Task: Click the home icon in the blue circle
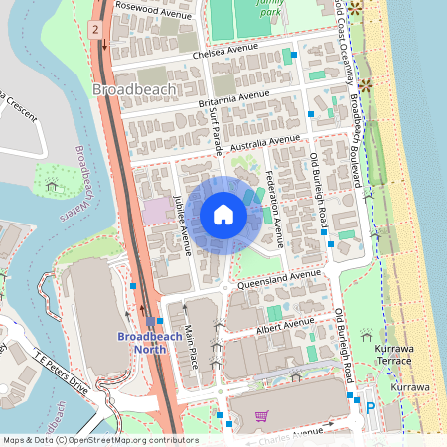tap(223, 214)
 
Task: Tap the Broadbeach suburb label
tap(134, 89)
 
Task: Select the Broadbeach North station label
tap(149, 344)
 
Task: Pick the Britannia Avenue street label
tap(234, 97)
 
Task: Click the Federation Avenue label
tap(275, 210)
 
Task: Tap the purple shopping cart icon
tap(262, 416)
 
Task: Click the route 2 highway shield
tap(95, 29)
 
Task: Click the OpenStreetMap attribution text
tap(99, 440)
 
